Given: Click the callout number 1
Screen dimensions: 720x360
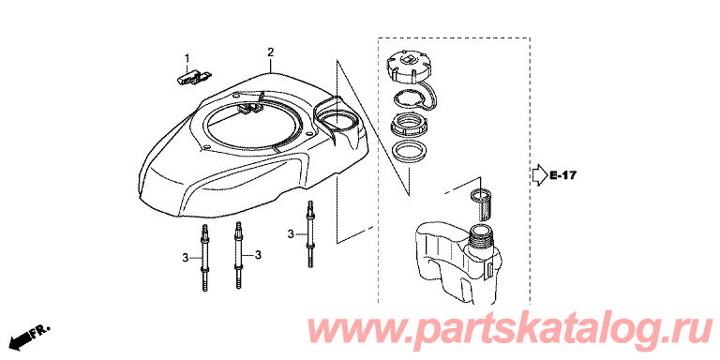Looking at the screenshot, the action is (x=187, y=58).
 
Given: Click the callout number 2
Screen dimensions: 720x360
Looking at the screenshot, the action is (x=271, y=52).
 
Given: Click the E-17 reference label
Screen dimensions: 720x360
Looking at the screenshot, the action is (x=562, y=175).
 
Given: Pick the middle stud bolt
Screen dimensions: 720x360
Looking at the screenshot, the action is (x=239, y=255).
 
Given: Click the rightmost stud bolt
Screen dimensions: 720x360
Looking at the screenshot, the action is (x=311, y=233).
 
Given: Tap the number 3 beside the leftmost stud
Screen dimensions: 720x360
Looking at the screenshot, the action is (x=185, y=259).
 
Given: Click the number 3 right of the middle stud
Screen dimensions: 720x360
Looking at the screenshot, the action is (x=258, y=254).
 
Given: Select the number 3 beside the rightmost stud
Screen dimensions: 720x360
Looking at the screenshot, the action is (x=291, y=234).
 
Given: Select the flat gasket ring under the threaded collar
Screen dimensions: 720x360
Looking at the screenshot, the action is (x=409, y=150).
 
